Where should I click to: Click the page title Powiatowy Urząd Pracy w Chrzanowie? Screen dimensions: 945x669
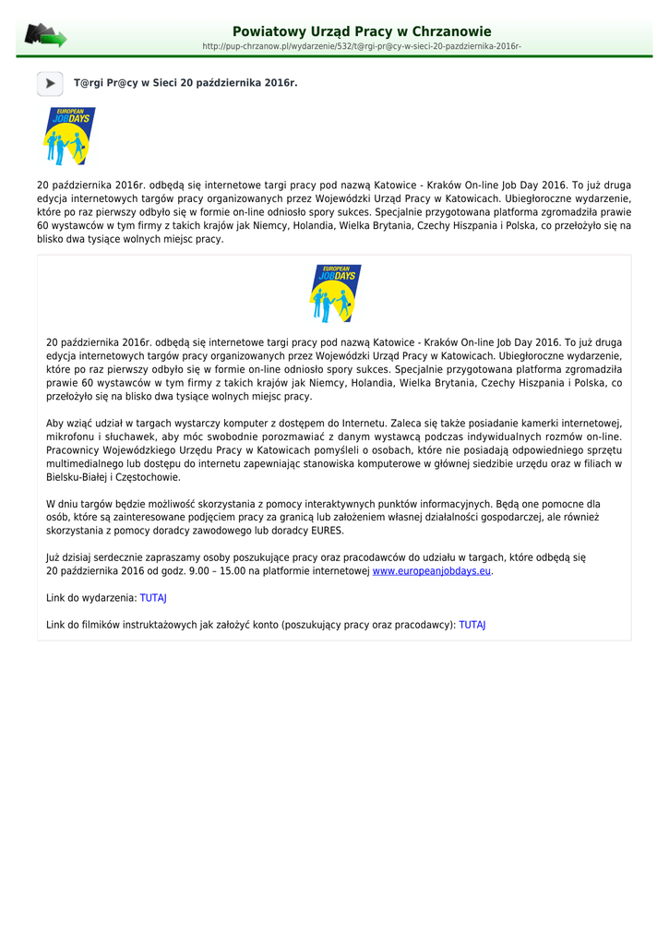click(x=362, y=31)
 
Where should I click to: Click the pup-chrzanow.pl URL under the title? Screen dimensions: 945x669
click(x=362, y=46)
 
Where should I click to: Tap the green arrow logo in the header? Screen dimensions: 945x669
click(x=45, y=37)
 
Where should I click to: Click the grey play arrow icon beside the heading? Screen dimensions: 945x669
click(x=50, y=84)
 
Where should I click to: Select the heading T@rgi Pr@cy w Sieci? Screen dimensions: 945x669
click(x=185, y=83)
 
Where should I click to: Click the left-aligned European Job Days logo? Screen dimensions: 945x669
click(x=69, y=137)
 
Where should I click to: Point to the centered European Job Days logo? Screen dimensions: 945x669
click(x=335, y=293)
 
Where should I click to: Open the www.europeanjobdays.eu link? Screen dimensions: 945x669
click(x=431, y=571)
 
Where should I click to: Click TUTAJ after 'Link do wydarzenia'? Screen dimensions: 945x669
click(x=153, y=598)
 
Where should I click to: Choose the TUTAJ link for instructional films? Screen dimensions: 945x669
click(x=472, y=625)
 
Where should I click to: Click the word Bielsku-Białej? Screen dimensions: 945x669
click(x=79, y=477)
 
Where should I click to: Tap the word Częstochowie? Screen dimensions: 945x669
click(x=149, y=477)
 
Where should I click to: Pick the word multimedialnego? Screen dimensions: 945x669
click(x=88, y=463)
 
